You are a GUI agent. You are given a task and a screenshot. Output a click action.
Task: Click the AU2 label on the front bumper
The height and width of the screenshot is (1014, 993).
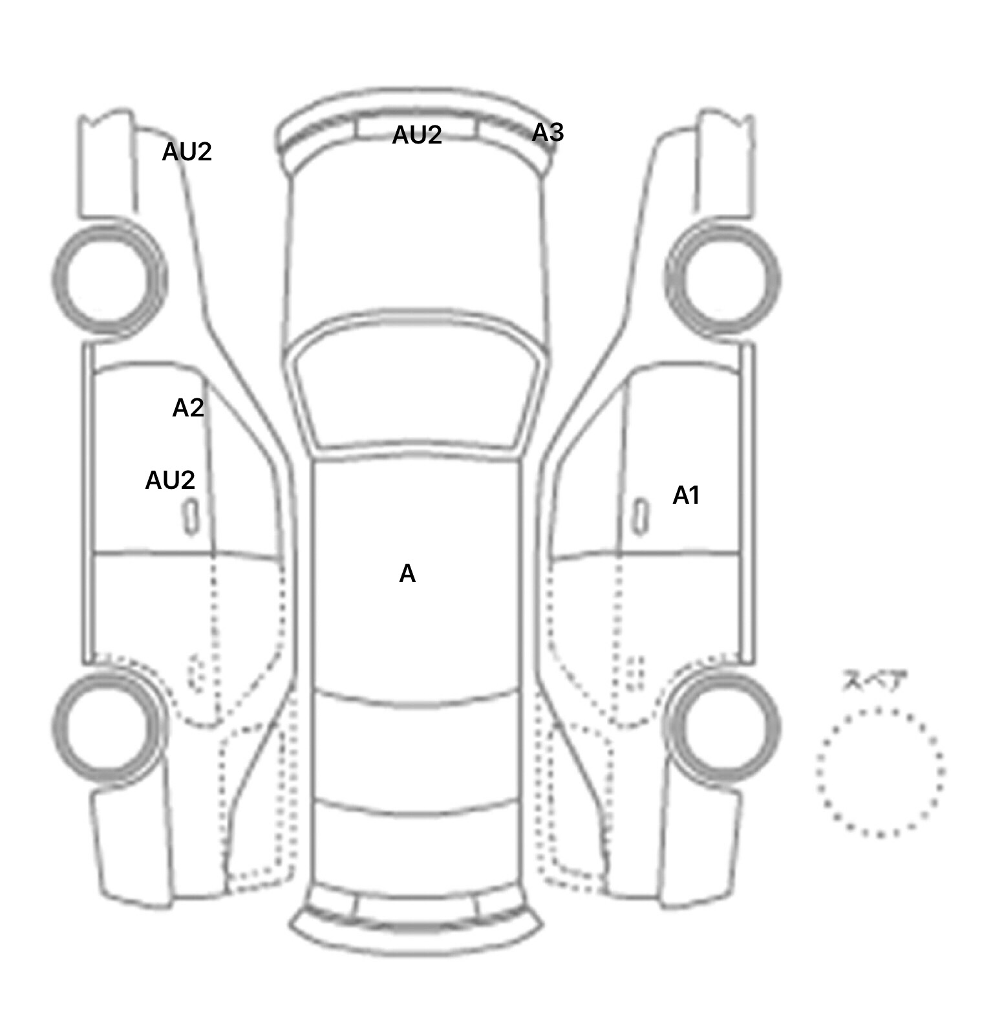click(417, 135)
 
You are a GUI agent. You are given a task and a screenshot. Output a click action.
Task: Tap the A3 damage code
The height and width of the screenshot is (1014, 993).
click(548, 133)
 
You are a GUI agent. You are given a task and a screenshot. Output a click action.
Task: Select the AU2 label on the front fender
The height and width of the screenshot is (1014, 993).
click(187, 152)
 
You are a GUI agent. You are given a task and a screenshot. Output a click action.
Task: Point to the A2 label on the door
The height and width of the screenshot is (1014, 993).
click(188, 408)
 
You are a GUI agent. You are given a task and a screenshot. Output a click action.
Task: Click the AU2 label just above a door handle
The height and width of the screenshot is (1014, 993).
click(170, 480)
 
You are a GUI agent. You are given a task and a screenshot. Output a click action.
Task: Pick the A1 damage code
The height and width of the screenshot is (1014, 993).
click(687, 495)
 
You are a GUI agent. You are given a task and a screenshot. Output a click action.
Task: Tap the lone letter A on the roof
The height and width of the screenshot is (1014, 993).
click(407, 574)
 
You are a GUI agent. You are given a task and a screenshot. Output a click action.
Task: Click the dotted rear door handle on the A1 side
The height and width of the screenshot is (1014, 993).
click(637, 673)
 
